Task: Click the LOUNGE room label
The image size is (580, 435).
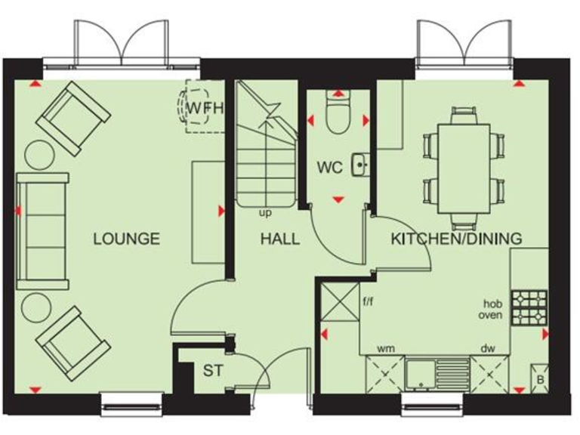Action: [x=126, y=239]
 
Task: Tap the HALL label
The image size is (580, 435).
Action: [x=280, y=239]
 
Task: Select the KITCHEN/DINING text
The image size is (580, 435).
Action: [x=456, y=239]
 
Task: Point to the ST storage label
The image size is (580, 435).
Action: [x=212, y=372]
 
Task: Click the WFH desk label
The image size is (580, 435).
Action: [x=205, y=108]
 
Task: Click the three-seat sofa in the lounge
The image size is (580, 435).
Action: [x=42, y=230]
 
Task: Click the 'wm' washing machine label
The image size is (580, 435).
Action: [x=386, y=349]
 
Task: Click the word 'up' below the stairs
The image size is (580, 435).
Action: [x=265, y=213]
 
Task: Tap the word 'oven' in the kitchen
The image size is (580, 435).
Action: [x=490, y=315]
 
